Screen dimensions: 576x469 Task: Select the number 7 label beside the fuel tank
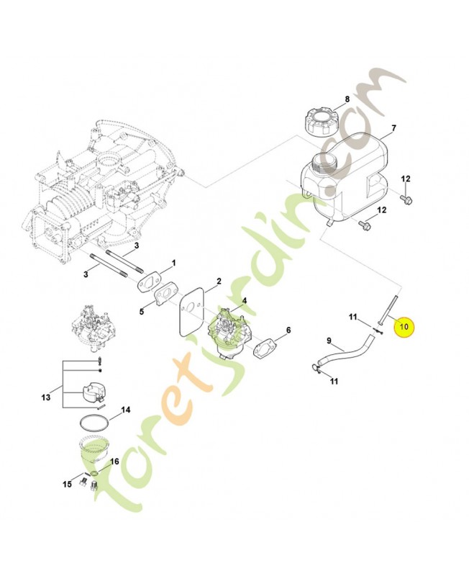(x=393, y=130)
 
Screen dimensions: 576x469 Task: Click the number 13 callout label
(x=46, y=397)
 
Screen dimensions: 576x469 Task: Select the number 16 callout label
(x=114, y=462)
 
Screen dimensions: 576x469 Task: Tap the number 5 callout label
(x=142, y=311)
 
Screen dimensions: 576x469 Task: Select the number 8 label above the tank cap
(x=347, y=99)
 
